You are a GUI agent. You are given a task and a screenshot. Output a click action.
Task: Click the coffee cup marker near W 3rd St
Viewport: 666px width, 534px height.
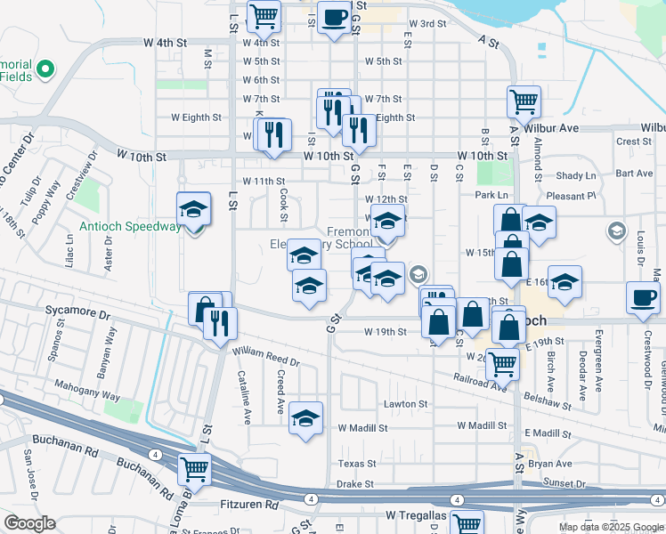335,18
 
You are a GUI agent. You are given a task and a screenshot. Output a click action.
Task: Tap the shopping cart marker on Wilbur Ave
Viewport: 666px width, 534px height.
524,101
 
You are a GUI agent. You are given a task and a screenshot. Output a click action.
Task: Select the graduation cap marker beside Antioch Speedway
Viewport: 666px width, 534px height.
193,210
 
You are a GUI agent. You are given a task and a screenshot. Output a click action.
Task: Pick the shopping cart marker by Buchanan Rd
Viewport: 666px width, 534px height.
194,468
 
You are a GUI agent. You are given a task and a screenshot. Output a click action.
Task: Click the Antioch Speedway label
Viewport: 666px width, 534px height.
130,226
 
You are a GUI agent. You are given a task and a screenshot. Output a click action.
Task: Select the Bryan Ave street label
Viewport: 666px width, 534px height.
550,464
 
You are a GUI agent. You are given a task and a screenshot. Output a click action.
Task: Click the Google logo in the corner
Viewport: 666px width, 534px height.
30,523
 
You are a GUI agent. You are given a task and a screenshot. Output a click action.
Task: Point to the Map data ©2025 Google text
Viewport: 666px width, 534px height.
610,527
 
